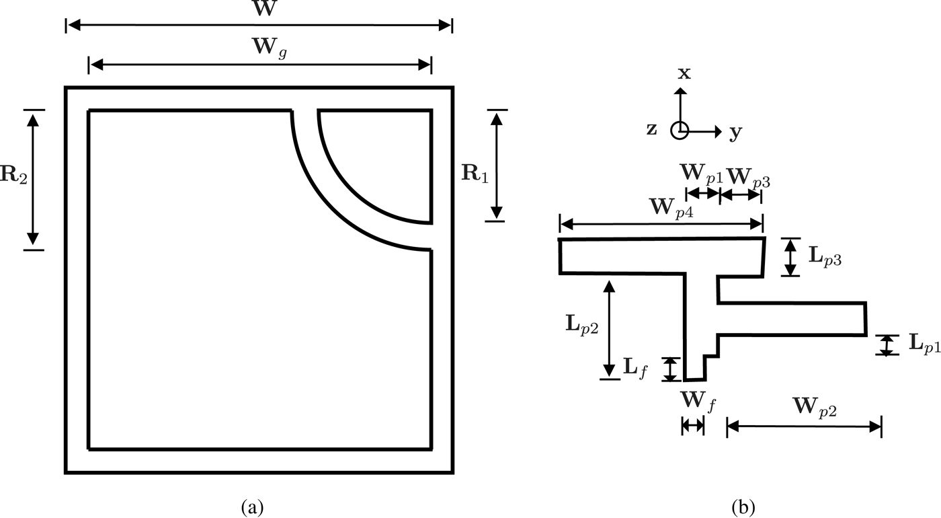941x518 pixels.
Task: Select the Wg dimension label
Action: coord(260,49)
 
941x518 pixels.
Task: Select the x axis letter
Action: coord(684,73)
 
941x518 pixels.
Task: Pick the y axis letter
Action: coord(736,133)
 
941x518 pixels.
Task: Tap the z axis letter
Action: coord(651,129)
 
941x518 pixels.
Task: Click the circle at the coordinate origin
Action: coord(680,131)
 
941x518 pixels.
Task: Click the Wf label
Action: coord(698,404)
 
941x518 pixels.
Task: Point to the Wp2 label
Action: coord(813,406)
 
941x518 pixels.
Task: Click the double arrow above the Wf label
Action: coord(692,424)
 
